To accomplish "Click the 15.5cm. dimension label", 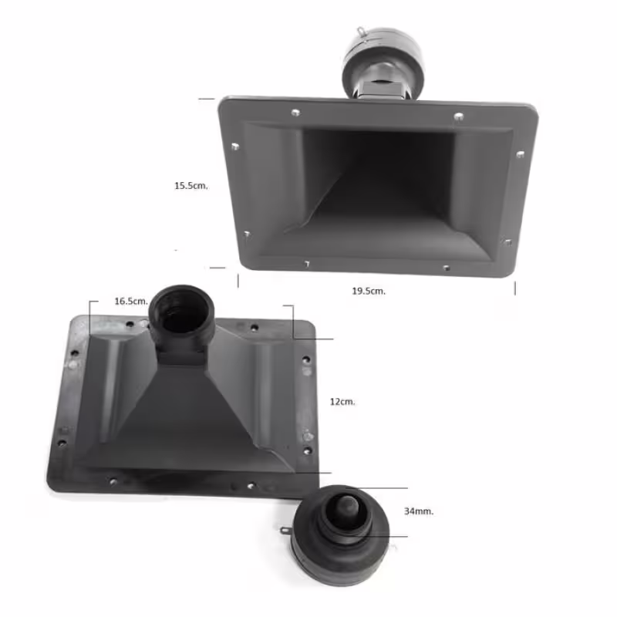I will [191, 185].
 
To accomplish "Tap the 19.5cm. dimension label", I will [368, 291].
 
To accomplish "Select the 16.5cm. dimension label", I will [130, 301].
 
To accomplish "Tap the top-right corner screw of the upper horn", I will [458, 116].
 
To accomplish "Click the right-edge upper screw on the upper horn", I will [520, 155].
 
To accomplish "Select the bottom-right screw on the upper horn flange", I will [447, 268].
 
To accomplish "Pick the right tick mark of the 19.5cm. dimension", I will [515, 287].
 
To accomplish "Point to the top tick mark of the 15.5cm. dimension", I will [206, 99].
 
